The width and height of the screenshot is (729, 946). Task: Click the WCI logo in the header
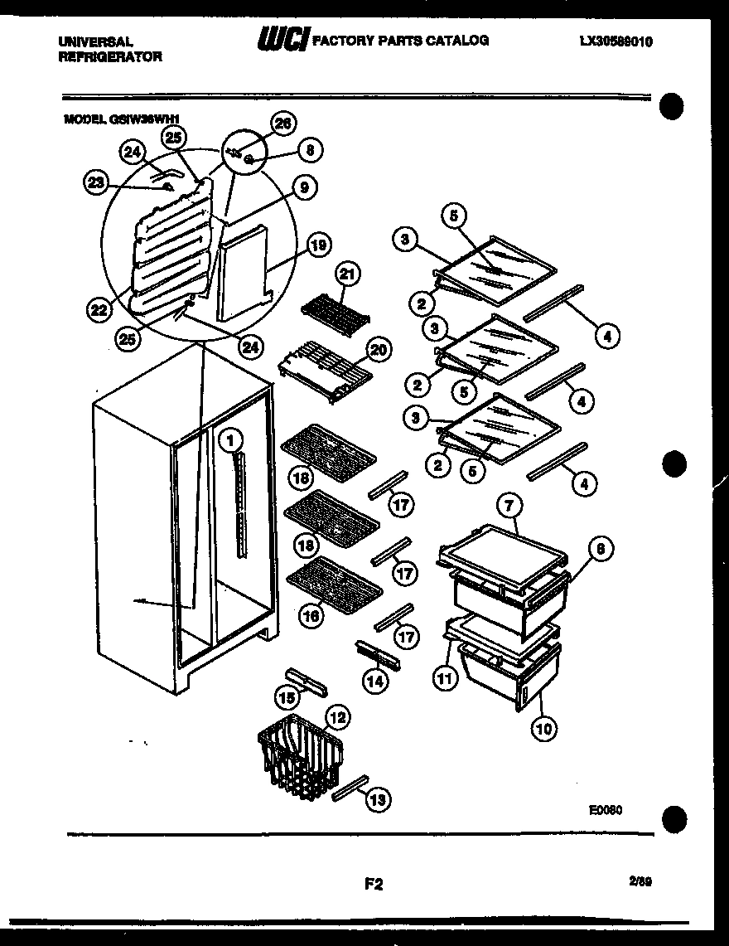(283, 39)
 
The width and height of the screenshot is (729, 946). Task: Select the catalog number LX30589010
(616, 41)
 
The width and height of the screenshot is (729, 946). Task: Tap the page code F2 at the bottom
(374, 884)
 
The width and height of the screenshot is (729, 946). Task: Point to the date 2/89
(640, 882)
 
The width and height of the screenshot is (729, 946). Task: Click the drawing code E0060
(606, 810)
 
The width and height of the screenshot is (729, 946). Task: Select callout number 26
(282, 124)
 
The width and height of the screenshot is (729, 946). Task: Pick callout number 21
(347, 274)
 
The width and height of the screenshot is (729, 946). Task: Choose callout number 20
(378, 350)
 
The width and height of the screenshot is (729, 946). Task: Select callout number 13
(377, 799)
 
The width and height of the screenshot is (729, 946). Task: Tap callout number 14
(375, 682)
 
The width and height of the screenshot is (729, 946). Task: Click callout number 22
(99, 310)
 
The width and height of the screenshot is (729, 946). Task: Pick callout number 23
(97, 183)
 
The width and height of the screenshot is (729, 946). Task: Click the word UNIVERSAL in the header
(96, 41)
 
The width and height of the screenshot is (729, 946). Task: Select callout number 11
(446, 677)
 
